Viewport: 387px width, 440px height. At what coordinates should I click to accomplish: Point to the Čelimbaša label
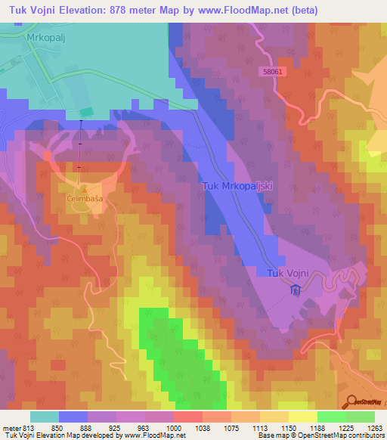tap(84, 197)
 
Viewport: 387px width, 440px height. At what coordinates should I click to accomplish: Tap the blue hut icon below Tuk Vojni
tap(296, 290)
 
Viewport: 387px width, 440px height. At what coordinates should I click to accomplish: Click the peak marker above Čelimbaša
tap(85, 189)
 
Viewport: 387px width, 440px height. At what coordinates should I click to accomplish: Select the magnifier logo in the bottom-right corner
tap(351, 401)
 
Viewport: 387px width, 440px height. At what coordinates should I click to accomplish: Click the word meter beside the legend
tap(11, 427)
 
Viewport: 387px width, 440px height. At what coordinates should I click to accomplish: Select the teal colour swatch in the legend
tap(44, 417)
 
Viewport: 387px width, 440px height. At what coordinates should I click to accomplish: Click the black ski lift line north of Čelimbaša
tap(80, 144)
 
